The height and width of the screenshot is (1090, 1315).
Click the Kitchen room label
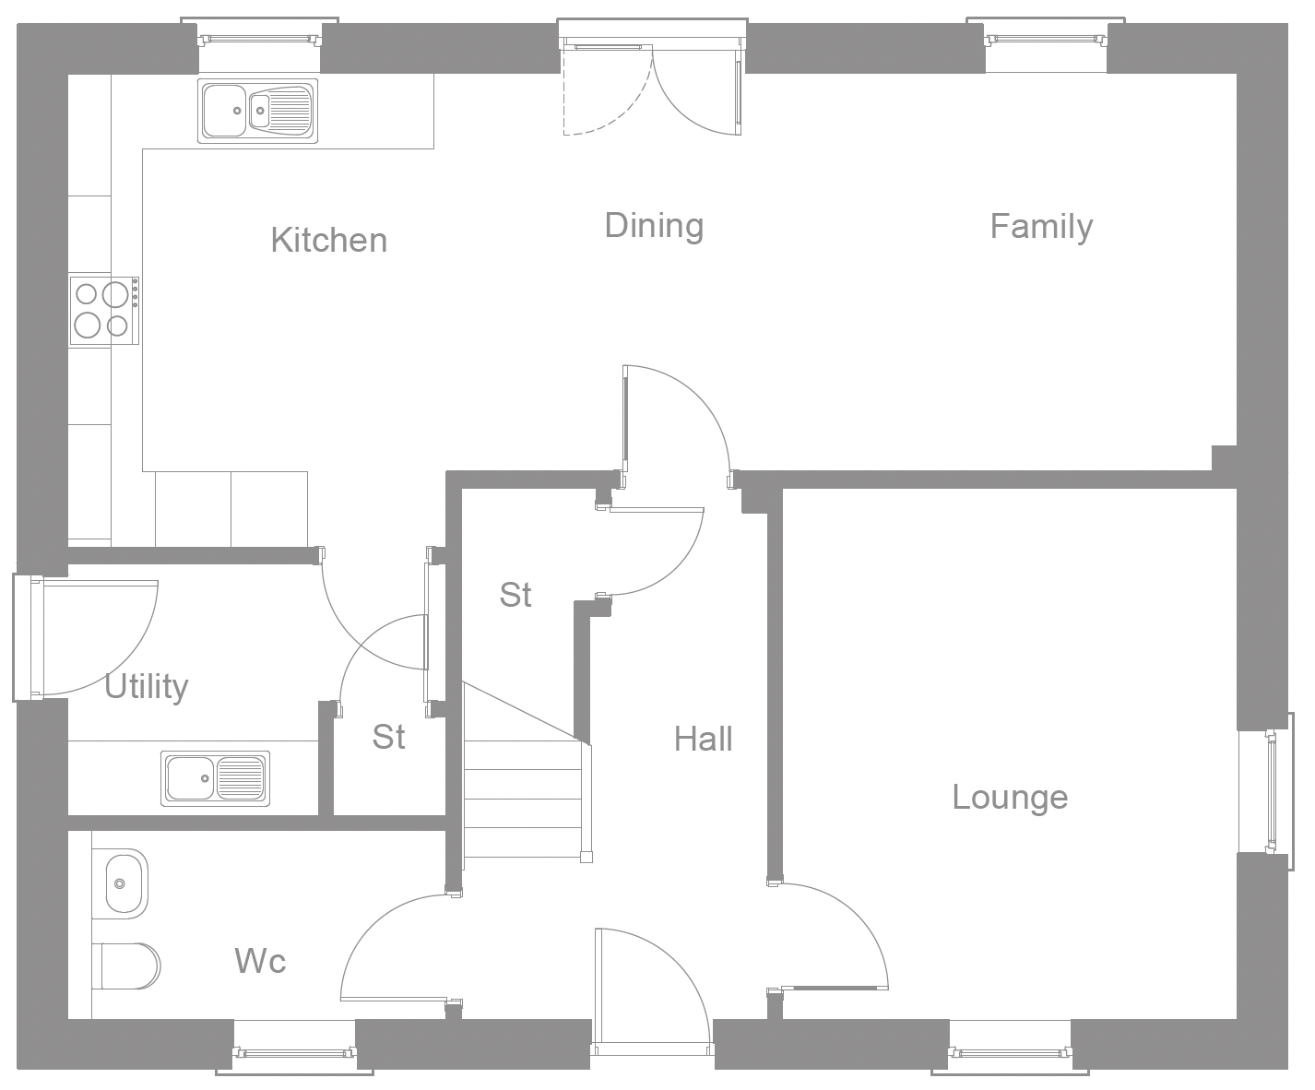pyautogui.click(x=328, y=240)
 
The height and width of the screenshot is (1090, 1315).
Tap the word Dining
pyautogui.click(x=654, y=226)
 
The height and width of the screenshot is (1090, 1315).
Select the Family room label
pyautogui.click(x=1041, y=226)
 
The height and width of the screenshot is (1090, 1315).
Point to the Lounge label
pyautogui.click(x=1010, y=797)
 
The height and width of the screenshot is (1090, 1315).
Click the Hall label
pyautogui.click(x=703, y=739)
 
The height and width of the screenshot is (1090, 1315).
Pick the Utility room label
pyautogui.click(x=146, y=686)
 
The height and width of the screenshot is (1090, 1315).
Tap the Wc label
pyautogui.click(x=260, y=961)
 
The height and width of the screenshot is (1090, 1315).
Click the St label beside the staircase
pyautogui.click(x=515, y=595)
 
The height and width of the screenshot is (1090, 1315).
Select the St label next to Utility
pyautogui.click(x=388, y=737)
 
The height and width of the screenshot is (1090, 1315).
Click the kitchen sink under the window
pyautogui.click(x=257, y=111)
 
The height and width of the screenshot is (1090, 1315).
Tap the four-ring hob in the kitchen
pyautogui.click(x=104, y=310)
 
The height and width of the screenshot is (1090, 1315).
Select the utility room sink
pyautogui.click(x=216, y=778)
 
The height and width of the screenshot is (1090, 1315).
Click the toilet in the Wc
pyautogui.click(x=126, y=966)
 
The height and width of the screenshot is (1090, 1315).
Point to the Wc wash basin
pyautogui.click(x=120, y=883)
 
